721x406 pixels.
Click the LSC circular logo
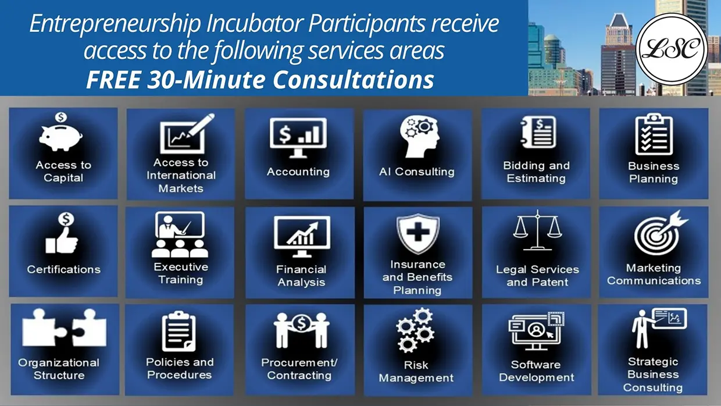[x=672, y=49]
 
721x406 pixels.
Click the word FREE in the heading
[x=113, y=80]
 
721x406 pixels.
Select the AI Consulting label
[x=417, y=172]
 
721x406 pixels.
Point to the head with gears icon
[x=420, y=137]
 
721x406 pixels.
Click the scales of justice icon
[x=537, y=230]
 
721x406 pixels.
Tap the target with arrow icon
[x=661, y=233]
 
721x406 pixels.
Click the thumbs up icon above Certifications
[x=62, y=233]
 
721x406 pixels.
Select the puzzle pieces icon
[x=64, y=327]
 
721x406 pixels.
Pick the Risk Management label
[x=416, y=372]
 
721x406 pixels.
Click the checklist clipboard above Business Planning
[x=654, y=134]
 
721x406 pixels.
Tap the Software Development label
[x=536, y=371]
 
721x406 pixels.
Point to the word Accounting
[x=298, y=172]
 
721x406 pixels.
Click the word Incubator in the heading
[x=255, y=23]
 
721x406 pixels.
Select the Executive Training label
[x=181, y=273]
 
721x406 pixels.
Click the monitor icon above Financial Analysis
[x=302, y=237]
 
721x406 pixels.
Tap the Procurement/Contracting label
[x=299, y=369]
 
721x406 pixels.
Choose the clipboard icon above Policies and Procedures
[x=179, y=332]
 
